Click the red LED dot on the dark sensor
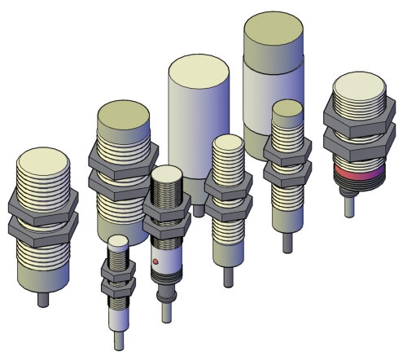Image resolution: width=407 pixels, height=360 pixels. point(155,261)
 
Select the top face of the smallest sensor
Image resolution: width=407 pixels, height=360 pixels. point(118,240)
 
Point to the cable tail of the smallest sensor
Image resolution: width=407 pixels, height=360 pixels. point(118,341)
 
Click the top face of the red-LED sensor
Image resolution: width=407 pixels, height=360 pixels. point(168,174)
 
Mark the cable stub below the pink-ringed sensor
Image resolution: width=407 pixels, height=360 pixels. point(350,207)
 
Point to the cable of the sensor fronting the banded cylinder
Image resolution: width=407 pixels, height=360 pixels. point(287,240)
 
